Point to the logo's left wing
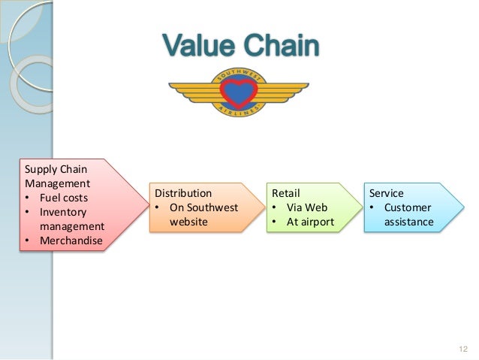(x=192, y=92)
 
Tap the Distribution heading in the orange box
(x=183, y=192)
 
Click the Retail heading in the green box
(x=285, y=192)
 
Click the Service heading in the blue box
(x=387, y=192)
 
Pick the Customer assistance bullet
(x=406, y=214)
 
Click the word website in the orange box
(x=189, y=222)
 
